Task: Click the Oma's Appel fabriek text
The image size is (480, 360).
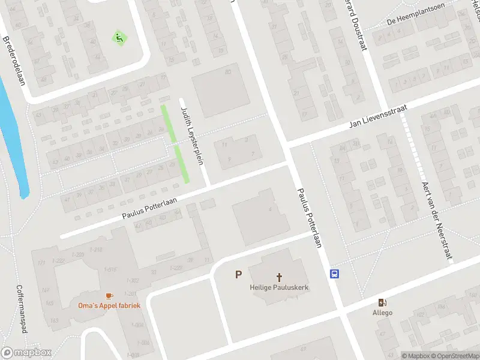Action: pos(109,305)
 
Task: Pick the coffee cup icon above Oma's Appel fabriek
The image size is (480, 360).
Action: pos(109,296)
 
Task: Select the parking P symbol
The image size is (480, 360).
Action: pos(238,275)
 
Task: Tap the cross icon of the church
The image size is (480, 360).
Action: pos(279,277)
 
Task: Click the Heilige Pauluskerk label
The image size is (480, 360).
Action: pos(279,287)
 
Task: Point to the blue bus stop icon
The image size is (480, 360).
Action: pos(334,274)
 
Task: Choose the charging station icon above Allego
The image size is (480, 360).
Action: pos(382,302)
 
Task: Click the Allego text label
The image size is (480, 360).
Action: pos(382,313)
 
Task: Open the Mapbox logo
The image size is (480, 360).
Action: pos(25,353)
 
